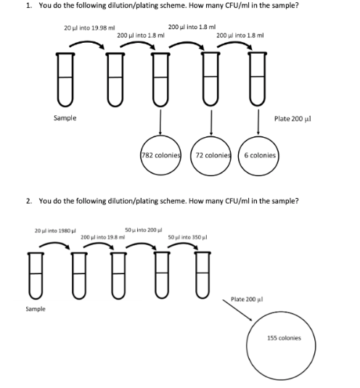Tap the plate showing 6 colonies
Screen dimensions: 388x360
click(x=259, y=155)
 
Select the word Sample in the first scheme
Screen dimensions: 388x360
click(x=65, y=117)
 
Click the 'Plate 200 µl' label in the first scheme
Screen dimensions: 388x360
click(x=292, y=117)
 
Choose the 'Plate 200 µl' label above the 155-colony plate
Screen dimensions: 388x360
click(x=246, y=299)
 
